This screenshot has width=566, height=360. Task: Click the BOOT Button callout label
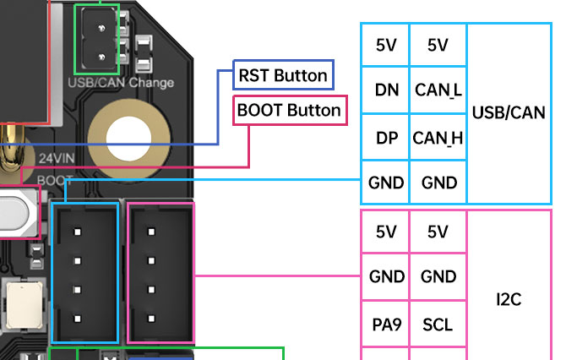(x=289, y=111)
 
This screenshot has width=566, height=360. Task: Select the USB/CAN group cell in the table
(x=509, y=113)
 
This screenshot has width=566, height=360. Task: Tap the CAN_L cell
(x=438, y=89)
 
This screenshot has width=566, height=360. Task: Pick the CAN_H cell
(x=438, y=137)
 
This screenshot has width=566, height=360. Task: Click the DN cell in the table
(x=386, y=89)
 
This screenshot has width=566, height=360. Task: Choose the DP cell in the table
(x=386, y=137)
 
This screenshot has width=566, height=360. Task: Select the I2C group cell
(x=509, y=300)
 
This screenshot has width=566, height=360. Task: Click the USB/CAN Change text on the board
(x=120, y=83)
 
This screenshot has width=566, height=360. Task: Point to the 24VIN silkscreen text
(x=57, y=158)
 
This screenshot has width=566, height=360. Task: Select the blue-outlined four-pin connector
(x=85, y=273)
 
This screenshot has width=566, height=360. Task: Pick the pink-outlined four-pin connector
(x=161, y=273)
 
